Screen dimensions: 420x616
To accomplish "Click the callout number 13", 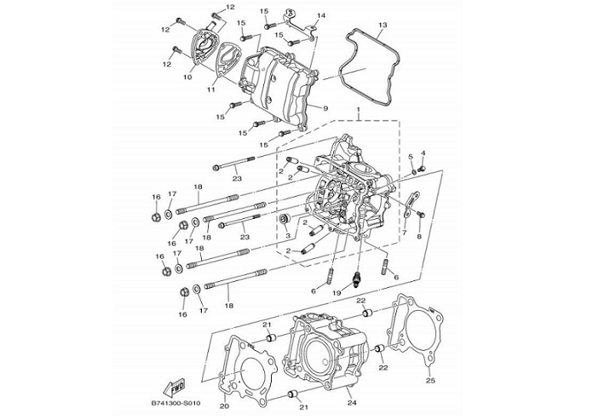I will coord(383,25).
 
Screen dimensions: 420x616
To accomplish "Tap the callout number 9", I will coord(325,108).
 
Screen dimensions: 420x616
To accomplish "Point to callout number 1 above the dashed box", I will coord(358,112).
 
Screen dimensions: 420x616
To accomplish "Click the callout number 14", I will coord(321,16).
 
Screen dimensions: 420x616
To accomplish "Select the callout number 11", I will coord(210,87).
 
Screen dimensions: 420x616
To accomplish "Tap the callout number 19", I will coord(337,293).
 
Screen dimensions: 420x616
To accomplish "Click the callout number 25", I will coord(430,380).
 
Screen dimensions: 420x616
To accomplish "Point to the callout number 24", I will coord(353,403).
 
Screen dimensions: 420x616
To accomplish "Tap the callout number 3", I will coord(288,236).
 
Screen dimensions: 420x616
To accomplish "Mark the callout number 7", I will coord(405,233).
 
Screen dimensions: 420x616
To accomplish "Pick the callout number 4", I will coord(423,153).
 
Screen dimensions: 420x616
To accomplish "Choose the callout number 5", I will coord(410,157).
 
